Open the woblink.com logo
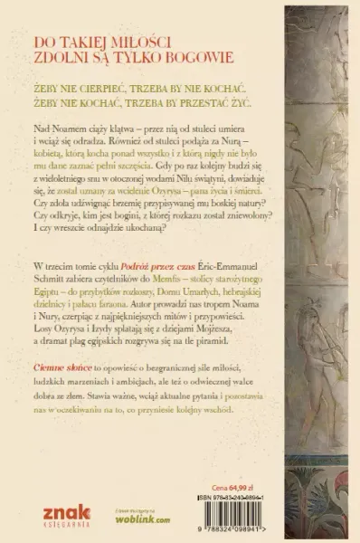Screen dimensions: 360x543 pyautogui.click(x=145, y=521)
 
